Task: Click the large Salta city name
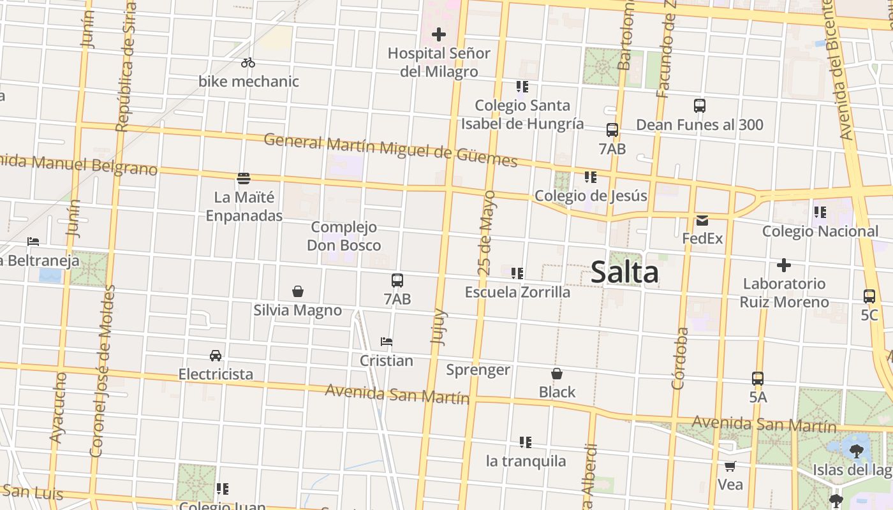pyautogui.click(x=624, y=272)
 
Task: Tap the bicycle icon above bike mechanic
pyautogui.click(x=248, y=62)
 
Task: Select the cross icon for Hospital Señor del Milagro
pyautogui.click(x=439, y=34)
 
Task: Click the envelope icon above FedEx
pyautogui.click(x=702, y=221)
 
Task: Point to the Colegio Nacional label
pyautogui.click(x=820, y=231)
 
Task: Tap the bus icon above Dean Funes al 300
pyautogui.click(x=700, y=106)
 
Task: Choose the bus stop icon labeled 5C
pyautogui.click(x=869, y=296)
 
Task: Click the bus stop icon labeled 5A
pyautogui.click(x=758, y=379)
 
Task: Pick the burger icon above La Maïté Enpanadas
pyautogui.click(x=243, y=178)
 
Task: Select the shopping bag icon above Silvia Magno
pyautogui.click(x=298, y=292)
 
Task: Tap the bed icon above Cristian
pyautogui.click(x=387, y=342)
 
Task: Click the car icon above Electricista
pyautogui.click(x=216, y=355)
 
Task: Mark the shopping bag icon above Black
pyautogui.click(x=557, y=374)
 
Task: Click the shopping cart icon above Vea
pyautogui.click(x=730, y=466)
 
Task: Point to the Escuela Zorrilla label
pyautogui.click(x=517, y=292)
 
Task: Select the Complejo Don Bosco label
pyautogui.click(x=344, y=236)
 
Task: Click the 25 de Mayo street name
pyautogui.click(x=487, y=233)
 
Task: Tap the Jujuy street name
pyautogui.click(x=439, y=327)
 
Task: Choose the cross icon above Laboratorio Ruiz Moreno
pyautogui.click(x=784, y=265)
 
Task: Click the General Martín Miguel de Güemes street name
pyautogui.click(x=390, y=149)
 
